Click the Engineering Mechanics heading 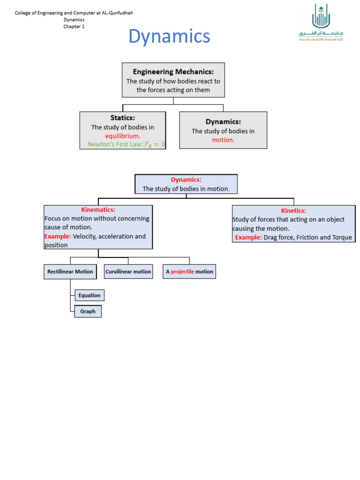(x=173, y=72)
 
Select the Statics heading (x=123, y=118)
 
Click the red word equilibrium (x=123, y=136)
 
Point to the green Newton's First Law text (x=127, y=144)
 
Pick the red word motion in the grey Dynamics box (x=223, y=140)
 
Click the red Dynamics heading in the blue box (x=186, y=180)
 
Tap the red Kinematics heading (x=98, y=210)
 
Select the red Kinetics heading (x=293, y=210)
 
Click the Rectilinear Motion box (x=70, y=271)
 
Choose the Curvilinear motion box (x=128, y=271)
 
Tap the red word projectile (x=182, y=271)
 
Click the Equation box (x=90, y=295)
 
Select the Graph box (x=88, y=311)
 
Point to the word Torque (x=342, y=238)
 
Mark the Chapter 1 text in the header (x=74, y=27)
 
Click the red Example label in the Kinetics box (x=248, y=238)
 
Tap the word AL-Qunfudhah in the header (x=117, y=13)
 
